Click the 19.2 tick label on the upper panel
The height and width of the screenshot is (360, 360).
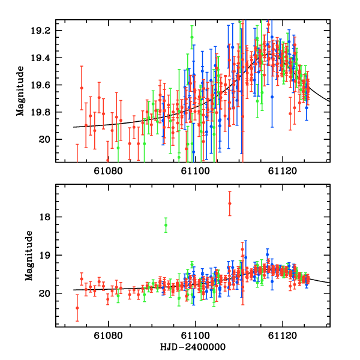[x=46, y=31]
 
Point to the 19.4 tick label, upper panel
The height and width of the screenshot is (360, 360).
[x=46, y=58]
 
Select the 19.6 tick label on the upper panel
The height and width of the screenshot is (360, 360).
[x=46, y=85]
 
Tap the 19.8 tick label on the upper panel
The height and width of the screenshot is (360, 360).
[x=46, y=112]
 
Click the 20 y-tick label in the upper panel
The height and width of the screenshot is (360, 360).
[x=50, y=140]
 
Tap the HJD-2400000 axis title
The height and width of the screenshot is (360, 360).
[x=192, y=347]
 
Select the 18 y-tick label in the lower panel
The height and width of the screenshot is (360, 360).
[x=50, y=217]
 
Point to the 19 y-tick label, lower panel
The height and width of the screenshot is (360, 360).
[x=50, y=255]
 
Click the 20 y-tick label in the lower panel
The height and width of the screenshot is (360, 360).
[x=50, y=293]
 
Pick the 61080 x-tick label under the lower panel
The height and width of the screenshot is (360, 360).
[x=109, y=337]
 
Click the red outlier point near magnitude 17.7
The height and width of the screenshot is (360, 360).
[x=230, y=203]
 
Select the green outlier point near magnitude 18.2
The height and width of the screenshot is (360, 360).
[x=166, y=225]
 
